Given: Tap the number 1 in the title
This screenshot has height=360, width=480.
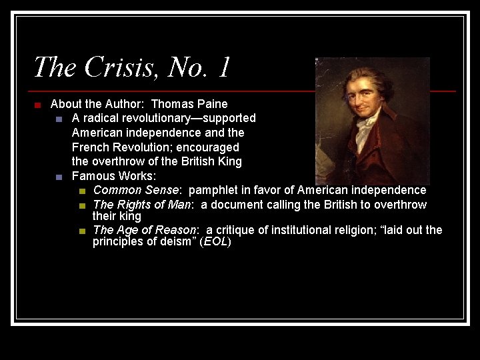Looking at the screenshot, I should [x=224, y=67].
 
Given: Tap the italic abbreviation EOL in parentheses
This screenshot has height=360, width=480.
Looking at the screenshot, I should [x=215, y=241].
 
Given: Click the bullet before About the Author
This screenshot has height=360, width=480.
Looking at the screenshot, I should [x=38, y=105].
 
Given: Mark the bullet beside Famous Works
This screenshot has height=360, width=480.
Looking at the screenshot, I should [x=59, y=177].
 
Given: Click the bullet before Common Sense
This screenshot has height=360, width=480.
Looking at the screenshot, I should [x=81, y=191].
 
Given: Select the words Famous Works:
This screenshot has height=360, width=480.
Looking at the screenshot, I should [x=113, y=177].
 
